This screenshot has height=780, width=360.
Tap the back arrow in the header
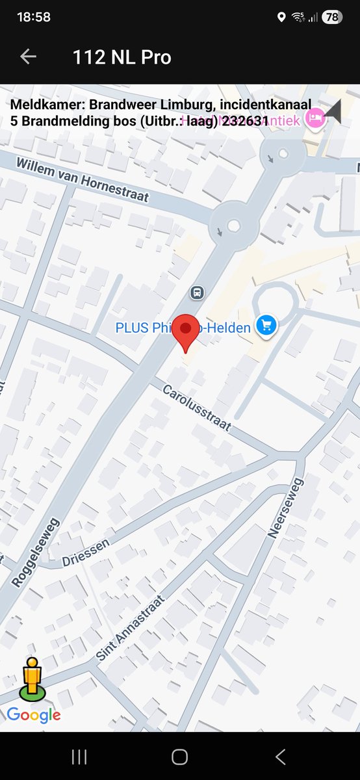click(x=28, y=57)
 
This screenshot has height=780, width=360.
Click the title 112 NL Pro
click(x=122, y=57)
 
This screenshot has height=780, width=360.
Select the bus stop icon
click(x=197, y=292)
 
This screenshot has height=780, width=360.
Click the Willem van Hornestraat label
click(x=83, y=179)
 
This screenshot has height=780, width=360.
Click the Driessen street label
click(x=86, y=551)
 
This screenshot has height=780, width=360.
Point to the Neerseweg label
click(x=286, y=508)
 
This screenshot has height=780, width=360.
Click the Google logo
click(x=34, y=715)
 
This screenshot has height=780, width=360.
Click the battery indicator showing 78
click(x=331, y=18)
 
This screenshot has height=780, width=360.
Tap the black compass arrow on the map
click(x=334, y=112)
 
